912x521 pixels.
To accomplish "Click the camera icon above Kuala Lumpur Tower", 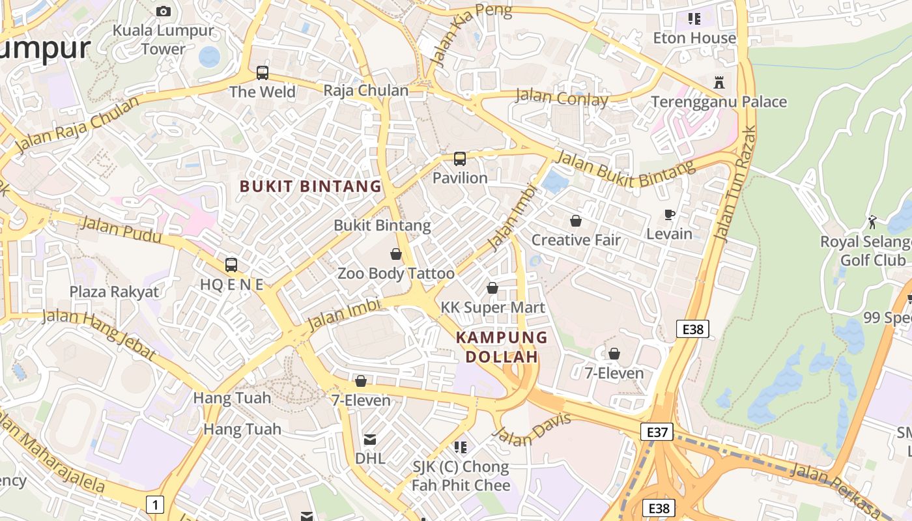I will coord(164,11).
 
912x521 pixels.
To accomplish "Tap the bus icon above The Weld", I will coord(263,72).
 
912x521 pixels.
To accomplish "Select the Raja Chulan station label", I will coord(365,91).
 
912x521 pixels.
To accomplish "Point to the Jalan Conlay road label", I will coord(561,98).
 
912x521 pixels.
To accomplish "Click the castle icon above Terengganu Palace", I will coord(719,83).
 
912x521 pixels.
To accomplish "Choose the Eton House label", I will coord(694,38).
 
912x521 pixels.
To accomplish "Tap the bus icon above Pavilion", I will coord(460,158).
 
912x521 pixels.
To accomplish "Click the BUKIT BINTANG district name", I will coord(310,186).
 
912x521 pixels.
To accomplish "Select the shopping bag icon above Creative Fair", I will coord(575,221).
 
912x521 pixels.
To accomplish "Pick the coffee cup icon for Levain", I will coord(669,214).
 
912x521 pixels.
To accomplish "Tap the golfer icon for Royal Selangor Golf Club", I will coord(872,222).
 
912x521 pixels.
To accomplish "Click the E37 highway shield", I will coord(656,432).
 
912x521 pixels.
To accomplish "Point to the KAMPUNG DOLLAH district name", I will coord(502,346).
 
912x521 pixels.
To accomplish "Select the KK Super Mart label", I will coord(492,307).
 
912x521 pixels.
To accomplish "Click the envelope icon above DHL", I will coord(370,440).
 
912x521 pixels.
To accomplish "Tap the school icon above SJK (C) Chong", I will coord(461,447).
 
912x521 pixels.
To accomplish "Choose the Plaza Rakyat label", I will coord(114,291).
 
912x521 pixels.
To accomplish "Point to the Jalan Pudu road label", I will coord(121,231).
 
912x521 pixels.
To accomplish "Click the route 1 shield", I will coord(154,503).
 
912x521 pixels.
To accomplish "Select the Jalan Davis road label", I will coord(532,430).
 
